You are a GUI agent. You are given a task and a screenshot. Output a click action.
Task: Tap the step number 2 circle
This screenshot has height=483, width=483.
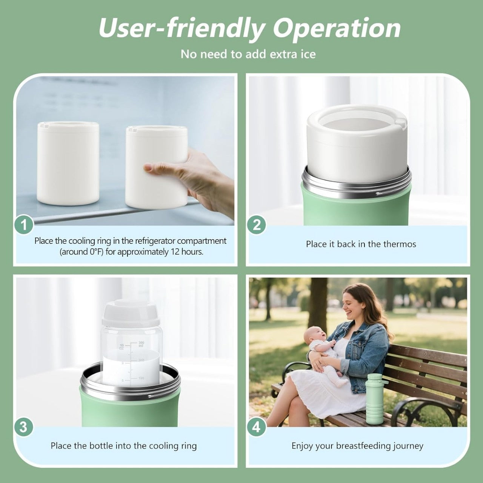(x=257, y=225)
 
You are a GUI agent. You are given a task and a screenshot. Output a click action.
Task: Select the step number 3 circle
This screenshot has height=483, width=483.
(x=24, y=428)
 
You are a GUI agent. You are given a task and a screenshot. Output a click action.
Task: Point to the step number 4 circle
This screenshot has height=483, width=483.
(x=257, y=428)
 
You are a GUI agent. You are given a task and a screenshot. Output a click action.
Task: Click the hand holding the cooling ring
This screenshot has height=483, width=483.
(x=196, y=177)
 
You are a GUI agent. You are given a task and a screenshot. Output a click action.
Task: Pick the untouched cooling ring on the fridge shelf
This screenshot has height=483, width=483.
(x=68, y=163)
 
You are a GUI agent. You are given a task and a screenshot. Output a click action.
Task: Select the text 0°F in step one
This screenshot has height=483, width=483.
(x=97, y=252)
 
